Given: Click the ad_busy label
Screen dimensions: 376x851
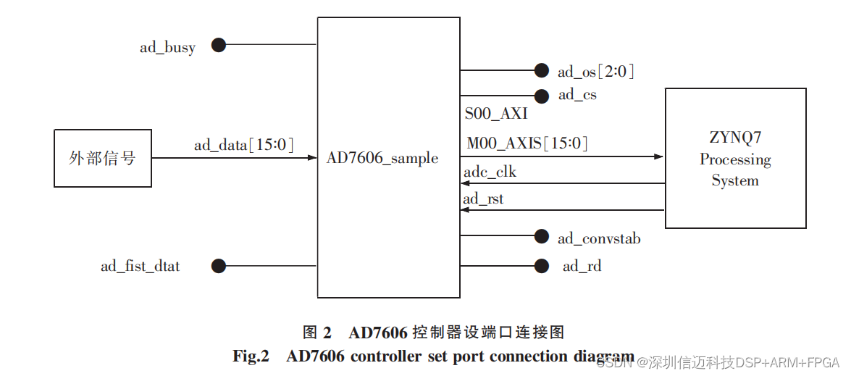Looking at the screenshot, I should click(x=167, y=48).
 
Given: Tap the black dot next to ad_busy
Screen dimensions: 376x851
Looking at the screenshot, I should click(x=219, y=45).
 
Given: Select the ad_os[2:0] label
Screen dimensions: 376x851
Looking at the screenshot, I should click(x=595, y=71).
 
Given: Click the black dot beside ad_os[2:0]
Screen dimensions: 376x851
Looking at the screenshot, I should click(x=541, y=70).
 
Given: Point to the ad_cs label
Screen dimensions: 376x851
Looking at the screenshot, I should click(x=577, y=94).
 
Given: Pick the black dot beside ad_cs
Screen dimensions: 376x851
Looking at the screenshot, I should click(x=541, y=96).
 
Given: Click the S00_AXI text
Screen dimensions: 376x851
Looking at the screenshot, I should click(x=496, y=114).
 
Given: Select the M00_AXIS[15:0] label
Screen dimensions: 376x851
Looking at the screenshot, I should click(x=527, y=143).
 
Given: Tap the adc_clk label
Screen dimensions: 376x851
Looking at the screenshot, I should click(x=490, y=172).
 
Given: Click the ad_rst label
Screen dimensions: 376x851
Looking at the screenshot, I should click(x=483, y=199).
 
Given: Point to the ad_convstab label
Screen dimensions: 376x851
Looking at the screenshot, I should click(x=599, y=238).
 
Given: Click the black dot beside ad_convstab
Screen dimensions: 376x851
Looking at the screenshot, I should click(x=541, y=236).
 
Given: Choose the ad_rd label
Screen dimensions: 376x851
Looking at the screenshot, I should click(x=582, y=266).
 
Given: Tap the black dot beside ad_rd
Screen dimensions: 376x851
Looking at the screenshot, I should click(x=541, y=266).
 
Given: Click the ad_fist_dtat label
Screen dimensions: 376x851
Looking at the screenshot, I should click(x=140, y=266).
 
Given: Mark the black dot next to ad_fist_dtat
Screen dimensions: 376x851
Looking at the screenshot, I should click(x=219, y=266).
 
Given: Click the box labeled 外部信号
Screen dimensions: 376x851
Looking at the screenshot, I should click(x=103, y=158).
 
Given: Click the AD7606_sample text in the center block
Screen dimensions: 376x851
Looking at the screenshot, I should click(x=382, y=158).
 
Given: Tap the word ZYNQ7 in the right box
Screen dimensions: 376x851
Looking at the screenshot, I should click(x=735, y=138).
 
